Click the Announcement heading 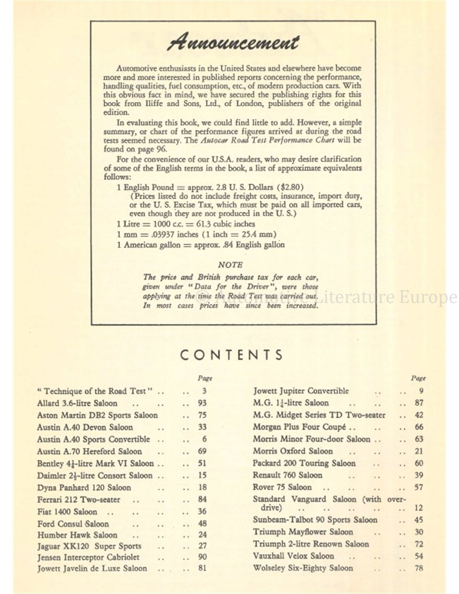pos(233,42)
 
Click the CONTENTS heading pos(232,355)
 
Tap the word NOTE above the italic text pos(230,265)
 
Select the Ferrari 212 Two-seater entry pos(79,500)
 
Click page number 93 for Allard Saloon pos(202,404)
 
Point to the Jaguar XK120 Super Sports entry pos(89,546)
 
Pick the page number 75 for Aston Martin pos(202,415)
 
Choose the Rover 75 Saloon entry pos(282,487)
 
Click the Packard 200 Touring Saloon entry pos(304,463)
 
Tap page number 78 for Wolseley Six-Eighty pos(419,568)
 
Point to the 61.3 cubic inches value pos(217,224)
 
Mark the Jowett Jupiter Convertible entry pos(301,391)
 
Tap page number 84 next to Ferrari pos(202,499)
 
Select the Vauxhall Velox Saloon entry pos(293,556)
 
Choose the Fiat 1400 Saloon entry pos(67,511)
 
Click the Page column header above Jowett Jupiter pos(418,378)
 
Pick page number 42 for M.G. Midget pos(419,415)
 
